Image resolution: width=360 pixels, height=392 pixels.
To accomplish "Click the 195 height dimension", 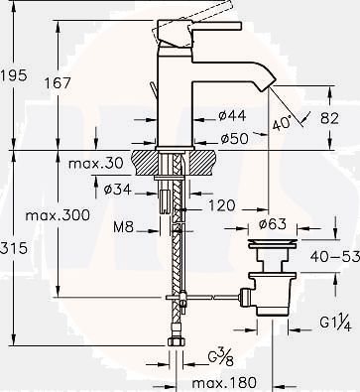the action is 13,75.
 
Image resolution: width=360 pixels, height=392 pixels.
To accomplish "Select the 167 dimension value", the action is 58,82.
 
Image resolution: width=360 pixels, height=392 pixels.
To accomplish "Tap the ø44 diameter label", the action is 232,115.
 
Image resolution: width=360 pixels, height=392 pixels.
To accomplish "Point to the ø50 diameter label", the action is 234,139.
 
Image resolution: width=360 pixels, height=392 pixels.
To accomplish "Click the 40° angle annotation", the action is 282,123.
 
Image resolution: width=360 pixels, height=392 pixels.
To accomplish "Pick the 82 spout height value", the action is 329,118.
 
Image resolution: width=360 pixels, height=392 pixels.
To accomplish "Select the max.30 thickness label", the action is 96,163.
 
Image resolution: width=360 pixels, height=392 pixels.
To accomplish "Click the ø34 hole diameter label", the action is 118,190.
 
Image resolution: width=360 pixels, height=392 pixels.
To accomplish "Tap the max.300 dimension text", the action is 58,215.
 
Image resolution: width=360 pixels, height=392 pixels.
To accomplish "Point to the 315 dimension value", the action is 13,248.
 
